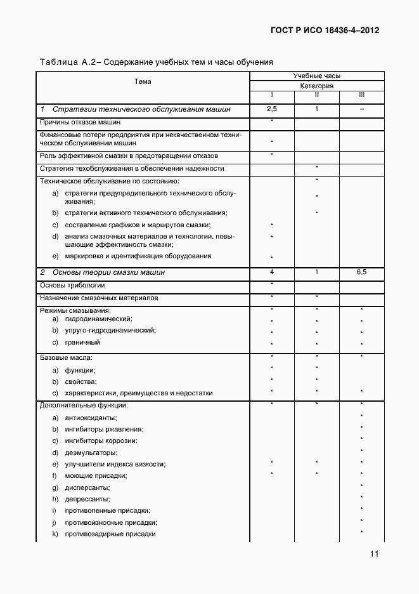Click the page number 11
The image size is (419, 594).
click(x=375, y=554)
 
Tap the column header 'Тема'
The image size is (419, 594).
click(x=143, y=81)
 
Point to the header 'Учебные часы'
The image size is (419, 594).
click(x=316, y=76)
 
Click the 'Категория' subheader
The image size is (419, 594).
click(x=316, y=86)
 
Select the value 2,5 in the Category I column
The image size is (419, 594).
click(x=272, y=110)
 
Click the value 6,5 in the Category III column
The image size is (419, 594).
click(x=361, y=272)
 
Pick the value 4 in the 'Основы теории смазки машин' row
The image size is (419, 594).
click(x=272, y=272)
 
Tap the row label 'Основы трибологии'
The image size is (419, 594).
click(x=72, y=286)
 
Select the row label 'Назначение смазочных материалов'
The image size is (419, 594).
click(x=99, y=298)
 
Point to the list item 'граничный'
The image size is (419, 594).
click(x=82, y=343)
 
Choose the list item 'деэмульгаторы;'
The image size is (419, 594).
click(x=91, y=452)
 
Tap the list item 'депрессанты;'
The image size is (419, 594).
click(x=87, y=499)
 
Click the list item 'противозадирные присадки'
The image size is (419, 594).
click(x=110, y=534)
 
